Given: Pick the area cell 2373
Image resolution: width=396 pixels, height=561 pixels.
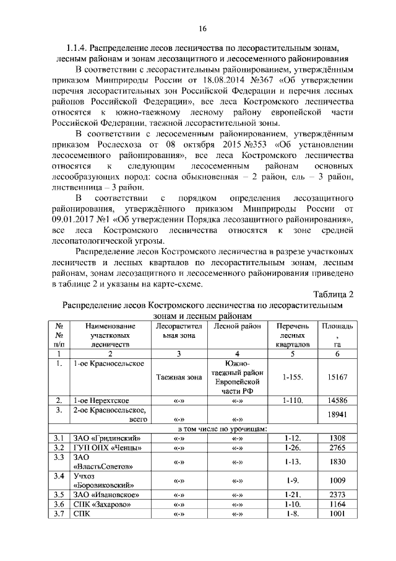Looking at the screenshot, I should click(337, 495).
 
